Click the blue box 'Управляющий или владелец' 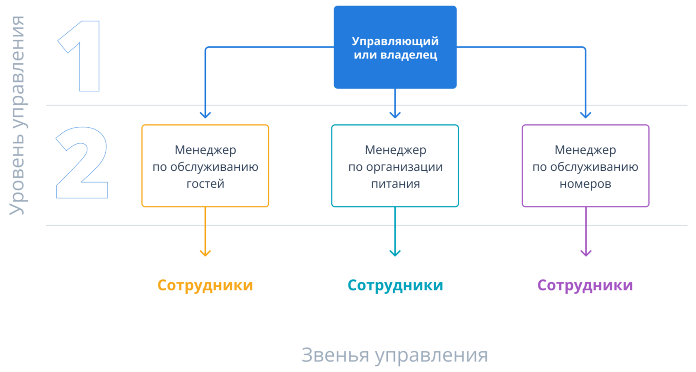pyautogui.click(x=395, y=47)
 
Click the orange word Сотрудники pyautogui.click(x=205, y=285)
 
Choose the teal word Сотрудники pyautogui.click(x=395, y=285)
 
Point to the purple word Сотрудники pyautogui.click(x=585, y=285)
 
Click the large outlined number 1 pyautogui.click(x=89, y=56)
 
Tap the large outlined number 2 pyautogui.click(x=82, y=162)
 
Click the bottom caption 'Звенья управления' pyautogui.click(x=394, y=355)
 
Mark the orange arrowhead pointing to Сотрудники pyautogui.click(x=205, y=253)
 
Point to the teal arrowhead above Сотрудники pyautogui.click(x=395, y=253)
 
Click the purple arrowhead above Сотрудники pyautogui.click(x=586, y=253)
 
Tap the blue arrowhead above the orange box pyautogui.click(x=205, y=115)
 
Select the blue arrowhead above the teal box pyautogui.click(x=395, y=115)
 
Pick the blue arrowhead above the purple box pyautogui.click(x=586, y=115)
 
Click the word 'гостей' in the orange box pyautogui.click(x=205, y=184)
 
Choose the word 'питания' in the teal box pyautogui.click(x=395, y=184)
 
